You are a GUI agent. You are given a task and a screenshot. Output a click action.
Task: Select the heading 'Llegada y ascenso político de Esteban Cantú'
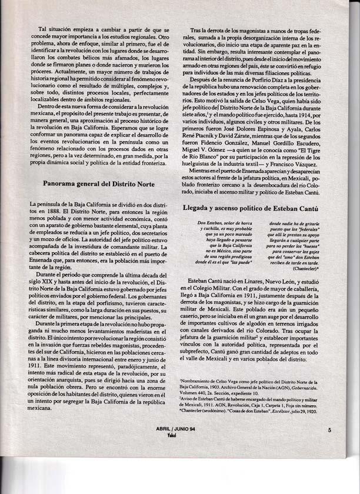254,208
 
